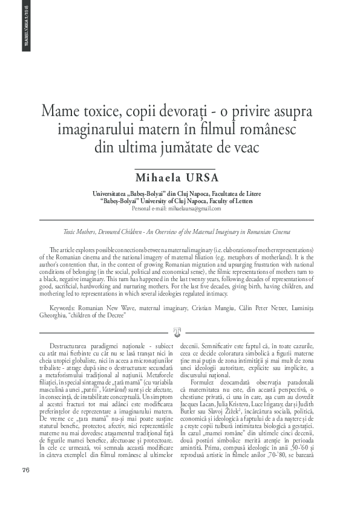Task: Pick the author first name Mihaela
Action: (160, 178)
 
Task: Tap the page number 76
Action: (25, 470)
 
